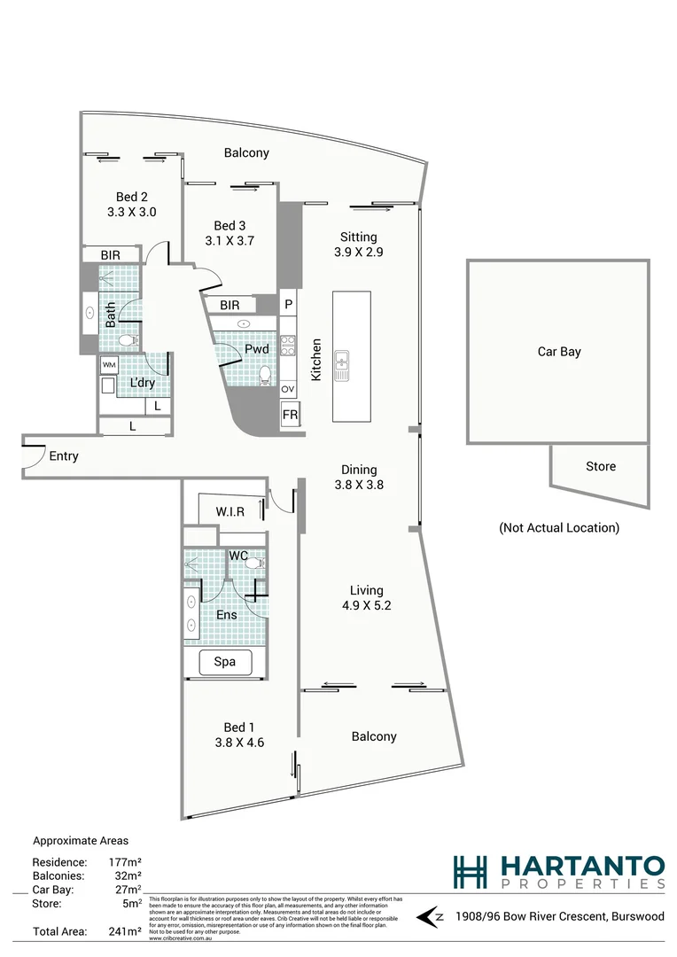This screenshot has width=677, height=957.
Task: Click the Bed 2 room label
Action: (130, 197)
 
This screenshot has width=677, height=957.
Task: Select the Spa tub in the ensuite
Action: (225, 662)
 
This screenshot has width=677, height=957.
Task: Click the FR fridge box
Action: (289, 415)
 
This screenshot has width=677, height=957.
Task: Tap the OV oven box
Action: (288, 389)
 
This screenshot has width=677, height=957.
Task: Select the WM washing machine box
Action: (108, 365)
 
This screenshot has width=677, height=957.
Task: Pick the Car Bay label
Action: (558, 352)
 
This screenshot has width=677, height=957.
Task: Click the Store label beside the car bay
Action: (600, 467)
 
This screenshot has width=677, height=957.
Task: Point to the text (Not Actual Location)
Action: (558, 527)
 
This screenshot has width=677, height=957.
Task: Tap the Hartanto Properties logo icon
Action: (470, 872)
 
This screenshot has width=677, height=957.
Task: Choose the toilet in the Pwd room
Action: (264, 375)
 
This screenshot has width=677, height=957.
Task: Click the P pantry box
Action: (288, 304)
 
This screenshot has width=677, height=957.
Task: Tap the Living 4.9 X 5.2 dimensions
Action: (365, 607)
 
